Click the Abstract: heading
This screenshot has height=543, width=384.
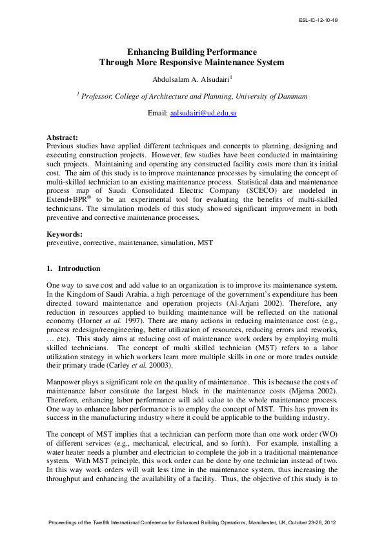tap(62, 137)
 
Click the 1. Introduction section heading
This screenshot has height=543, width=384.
tap(73, 268)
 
